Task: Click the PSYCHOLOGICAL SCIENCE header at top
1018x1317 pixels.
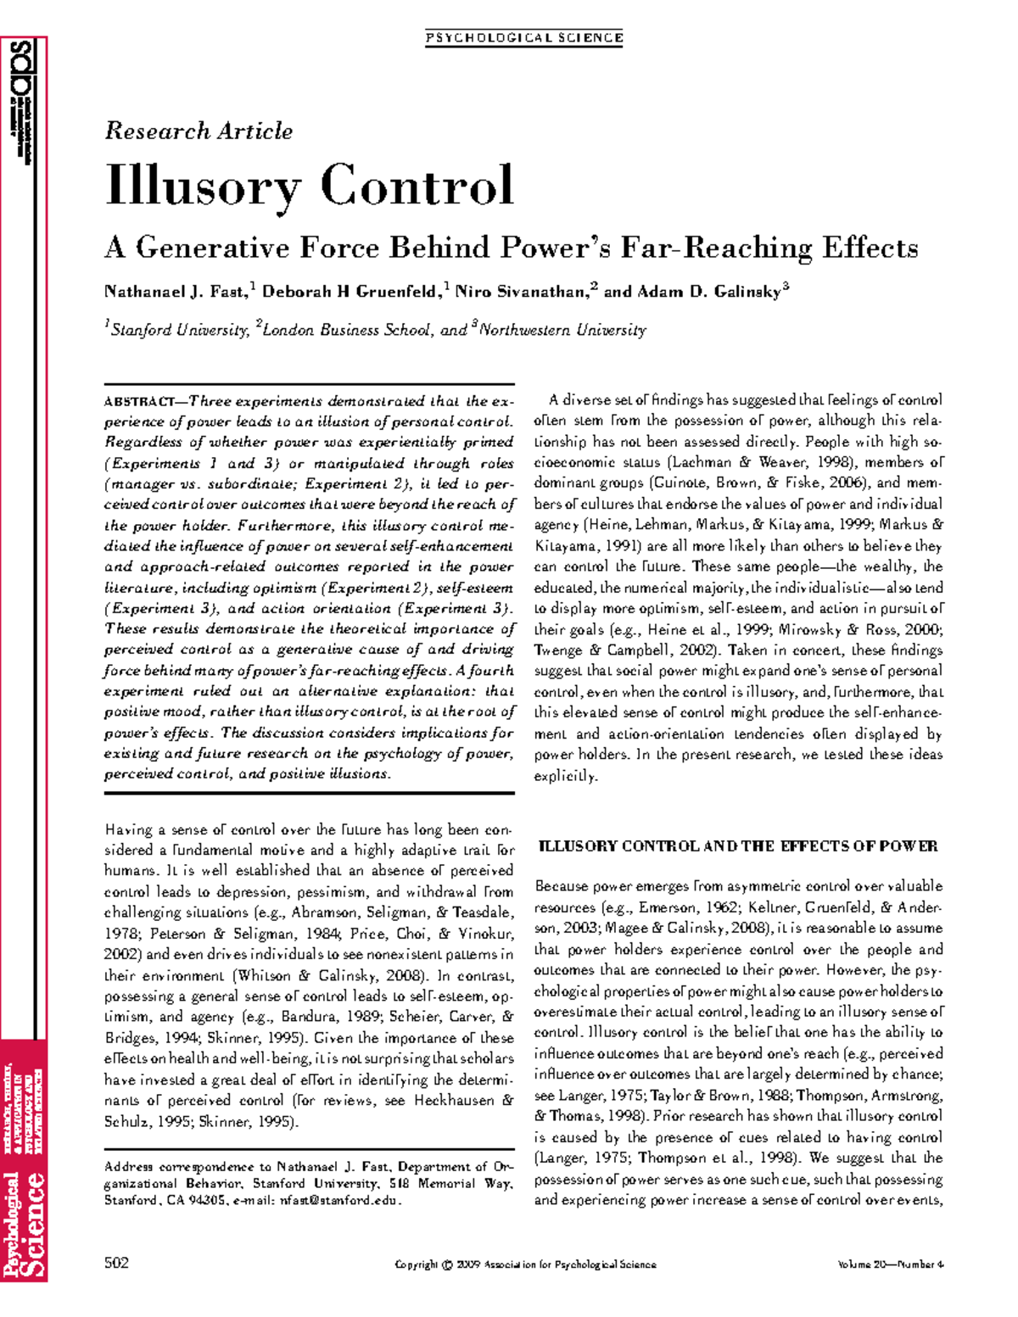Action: (x=524, y=38)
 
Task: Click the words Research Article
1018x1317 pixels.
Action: (x=199, y=131)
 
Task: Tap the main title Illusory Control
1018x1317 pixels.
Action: (x=310, y=186)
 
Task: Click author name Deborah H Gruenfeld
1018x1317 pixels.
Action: (x=351, y=293)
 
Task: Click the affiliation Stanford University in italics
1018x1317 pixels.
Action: (x=179, y=330)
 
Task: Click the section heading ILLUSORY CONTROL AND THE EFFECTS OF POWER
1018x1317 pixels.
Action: (x=738, y=846)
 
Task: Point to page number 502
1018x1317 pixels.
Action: (x=116, y=1264)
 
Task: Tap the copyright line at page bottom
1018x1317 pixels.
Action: (x=526, y=1264)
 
